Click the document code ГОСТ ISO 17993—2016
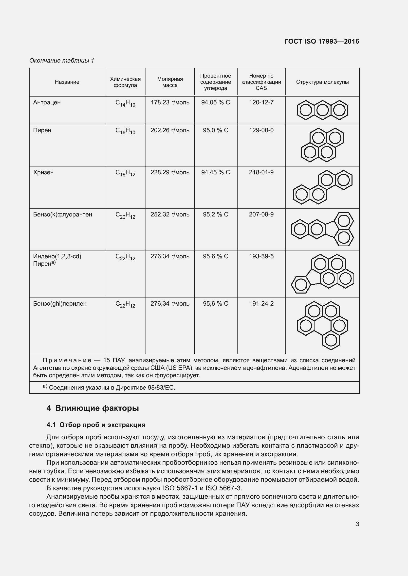click(x=322, y=41)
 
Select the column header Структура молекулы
click(x=322, y=82)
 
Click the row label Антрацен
click(x=47, y=102)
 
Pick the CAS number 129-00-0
click(x=261, y=130)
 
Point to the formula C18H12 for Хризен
click(x=125, y=173)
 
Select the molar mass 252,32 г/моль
click(x=170, y=214)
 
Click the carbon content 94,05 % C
click(x=215, y=102)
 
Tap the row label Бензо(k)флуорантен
click(x=63, y=214)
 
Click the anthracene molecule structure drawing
click(x=322, y=110)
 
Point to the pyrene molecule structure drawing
click(x=322, y=145)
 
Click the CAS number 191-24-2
click(x=261, y=304)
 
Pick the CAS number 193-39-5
click(x=261, y=256)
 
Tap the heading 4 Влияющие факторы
click(x=93, y=408)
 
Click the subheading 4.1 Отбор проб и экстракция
click(x=96, y=425)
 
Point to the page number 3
click(x=357, y=524)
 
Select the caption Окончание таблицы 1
click(x=62, y=61)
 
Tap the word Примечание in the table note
click(x=67, y=361)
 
